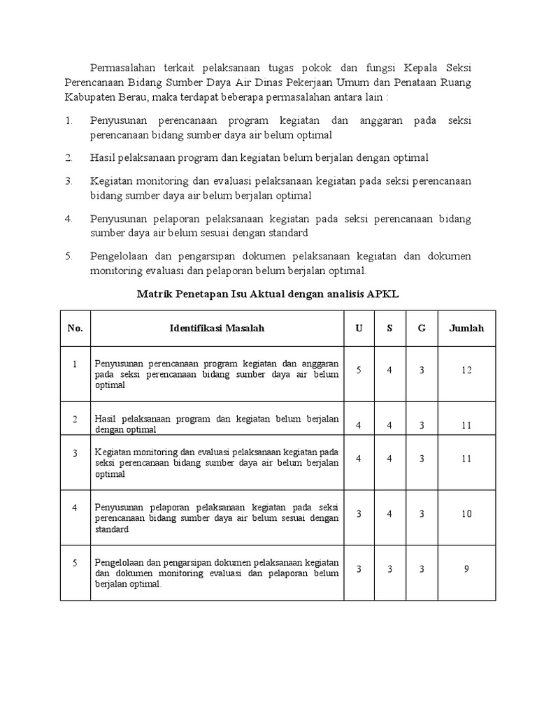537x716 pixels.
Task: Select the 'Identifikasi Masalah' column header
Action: coord(217,328)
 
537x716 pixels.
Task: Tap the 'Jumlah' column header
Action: coord(466,328)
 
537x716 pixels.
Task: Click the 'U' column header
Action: coord(359,328)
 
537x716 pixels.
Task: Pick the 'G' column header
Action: coord(422,328)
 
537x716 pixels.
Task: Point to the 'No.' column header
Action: coord(75,328)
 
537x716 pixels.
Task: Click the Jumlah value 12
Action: coord(466,370)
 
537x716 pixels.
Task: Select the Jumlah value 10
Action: coord(466,514)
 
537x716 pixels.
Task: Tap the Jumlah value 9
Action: coord(466,568)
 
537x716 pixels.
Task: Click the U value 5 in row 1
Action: coord(359,370)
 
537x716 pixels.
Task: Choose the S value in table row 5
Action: coord(389,568)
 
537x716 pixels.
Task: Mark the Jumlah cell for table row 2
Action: coord(466,424)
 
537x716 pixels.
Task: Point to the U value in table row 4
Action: coord(359,514)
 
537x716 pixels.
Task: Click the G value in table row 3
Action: coord(422,459)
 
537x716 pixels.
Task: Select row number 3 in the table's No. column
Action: coord(75,453)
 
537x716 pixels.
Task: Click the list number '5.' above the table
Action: coord(69,256)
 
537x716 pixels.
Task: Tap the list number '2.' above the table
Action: coord(69,157)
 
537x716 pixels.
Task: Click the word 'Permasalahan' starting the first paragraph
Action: coord(123,68)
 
